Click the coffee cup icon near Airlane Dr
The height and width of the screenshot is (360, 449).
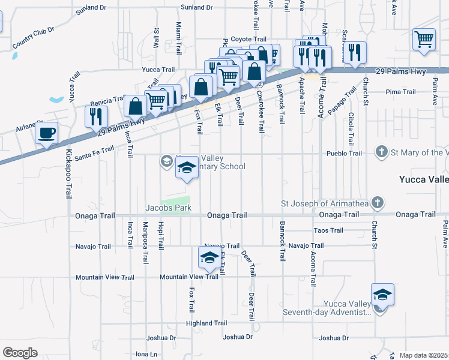click(47, 133)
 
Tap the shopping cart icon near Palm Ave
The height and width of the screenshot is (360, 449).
click(424, 40)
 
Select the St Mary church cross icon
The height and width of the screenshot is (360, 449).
click(382, 152)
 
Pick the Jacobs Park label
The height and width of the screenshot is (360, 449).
click(168, 208)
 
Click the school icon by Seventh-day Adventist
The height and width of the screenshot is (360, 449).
click(382, 295)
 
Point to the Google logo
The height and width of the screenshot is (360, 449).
click(20, 353)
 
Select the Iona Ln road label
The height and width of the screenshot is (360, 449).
click(146, 354)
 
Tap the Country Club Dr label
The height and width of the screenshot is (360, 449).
click(33, 37)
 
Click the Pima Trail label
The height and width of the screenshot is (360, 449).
click(401, 92)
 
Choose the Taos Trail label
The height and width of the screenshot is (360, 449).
click(328, 230)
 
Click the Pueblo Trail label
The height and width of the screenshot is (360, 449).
click(344, 154)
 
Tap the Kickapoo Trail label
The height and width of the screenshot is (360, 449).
click(68, 174)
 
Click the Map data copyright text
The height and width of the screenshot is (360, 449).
click(423, 355)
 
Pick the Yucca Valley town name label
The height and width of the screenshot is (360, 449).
click(424, 179)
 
